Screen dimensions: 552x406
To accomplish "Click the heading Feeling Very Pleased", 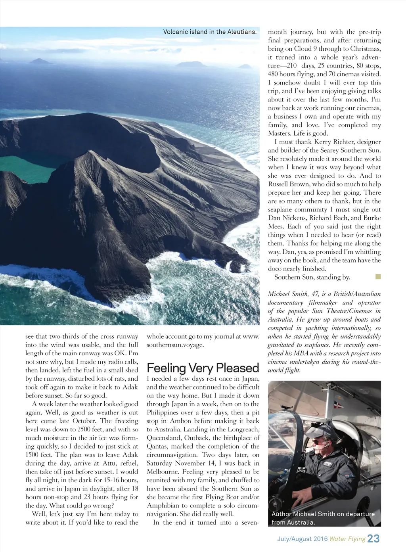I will [x=203, y=368].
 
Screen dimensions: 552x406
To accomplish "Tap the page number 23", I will [x=373, y=539].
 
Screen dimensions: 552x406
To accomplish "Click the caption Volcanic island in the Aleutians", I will [x=210, y=32].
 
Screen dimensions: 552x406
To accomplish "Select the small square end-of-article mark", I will [x=377, y=276].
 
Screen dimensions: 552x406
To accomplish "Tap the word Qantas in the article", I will [x=157, y=446].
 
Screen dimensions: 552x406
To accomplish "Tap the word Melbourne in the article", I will [x=164, y=471].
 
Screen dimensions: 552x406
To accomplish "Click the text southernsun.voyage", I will [x=175, y=345].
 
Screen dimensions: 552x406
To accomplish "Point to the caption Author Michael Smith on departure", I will [x=323, y=514].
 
